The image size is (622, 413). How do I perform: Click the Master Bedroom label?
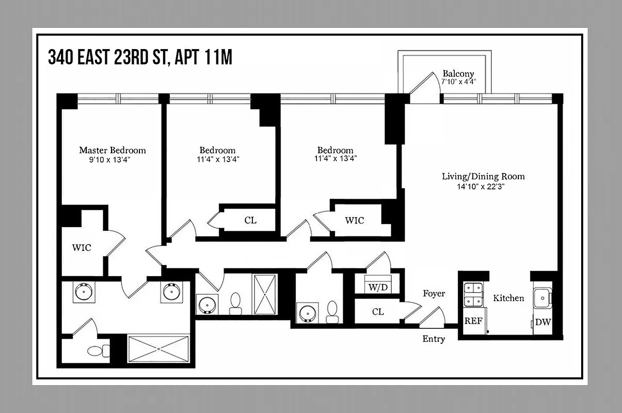112,150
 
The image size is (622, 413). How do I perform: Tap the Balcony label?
458,74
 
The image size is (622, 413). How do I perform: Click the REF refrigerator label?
473,321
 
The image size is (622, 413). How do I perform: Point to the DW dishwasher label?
543,322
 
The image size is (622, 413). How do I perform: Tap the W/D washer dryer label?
377,287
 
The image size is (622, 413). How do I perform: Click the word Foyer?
434,294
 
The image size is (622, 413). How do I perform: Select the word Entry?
433,339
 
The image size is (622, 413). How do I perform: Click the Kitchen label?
508,298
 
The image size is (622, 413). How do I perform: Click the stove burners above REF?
473,294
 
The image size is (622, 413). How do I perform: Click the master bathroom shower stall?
158,349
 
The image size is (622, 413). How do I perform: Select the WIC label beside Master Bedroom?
81,248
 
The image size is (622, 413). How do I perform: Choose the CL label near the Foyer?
377,312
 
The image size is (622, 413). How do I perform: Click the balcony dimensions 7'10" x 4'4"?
458,82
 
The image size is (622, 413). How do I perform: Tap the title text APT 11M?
203,57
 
